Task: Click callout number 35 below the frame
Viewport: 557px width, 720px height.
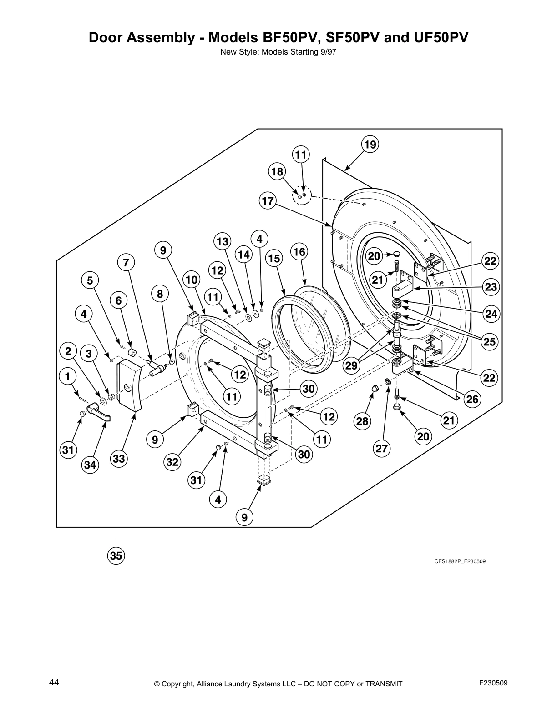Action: click(116, 555)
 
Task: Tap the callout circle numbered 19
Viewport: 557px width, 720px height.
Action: click(370, 145)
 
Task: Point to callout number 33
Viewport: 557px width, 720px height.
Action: click(119, 459)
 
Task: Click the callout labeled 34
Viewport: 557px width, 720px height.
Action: click(90, 465)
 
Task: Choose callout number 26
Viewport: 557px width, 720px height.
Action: click(473, 399)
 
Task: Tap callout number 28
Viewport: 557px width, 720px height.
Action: click(362, 421)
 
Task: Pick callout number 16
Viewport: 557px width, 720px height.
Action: click(299, 251)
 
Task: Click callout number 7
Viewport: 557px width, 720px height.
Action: click(126, 262)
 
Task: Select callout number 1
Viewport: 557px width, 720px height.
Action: click(67, 376)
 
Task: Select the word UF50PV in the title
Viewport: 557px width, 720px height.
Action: click(435, 37)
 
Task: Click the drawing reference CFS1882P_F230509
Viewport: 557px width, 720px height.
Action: click(459, 561)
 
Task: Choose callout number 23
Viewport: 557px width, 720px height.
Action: click(491, 287)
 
